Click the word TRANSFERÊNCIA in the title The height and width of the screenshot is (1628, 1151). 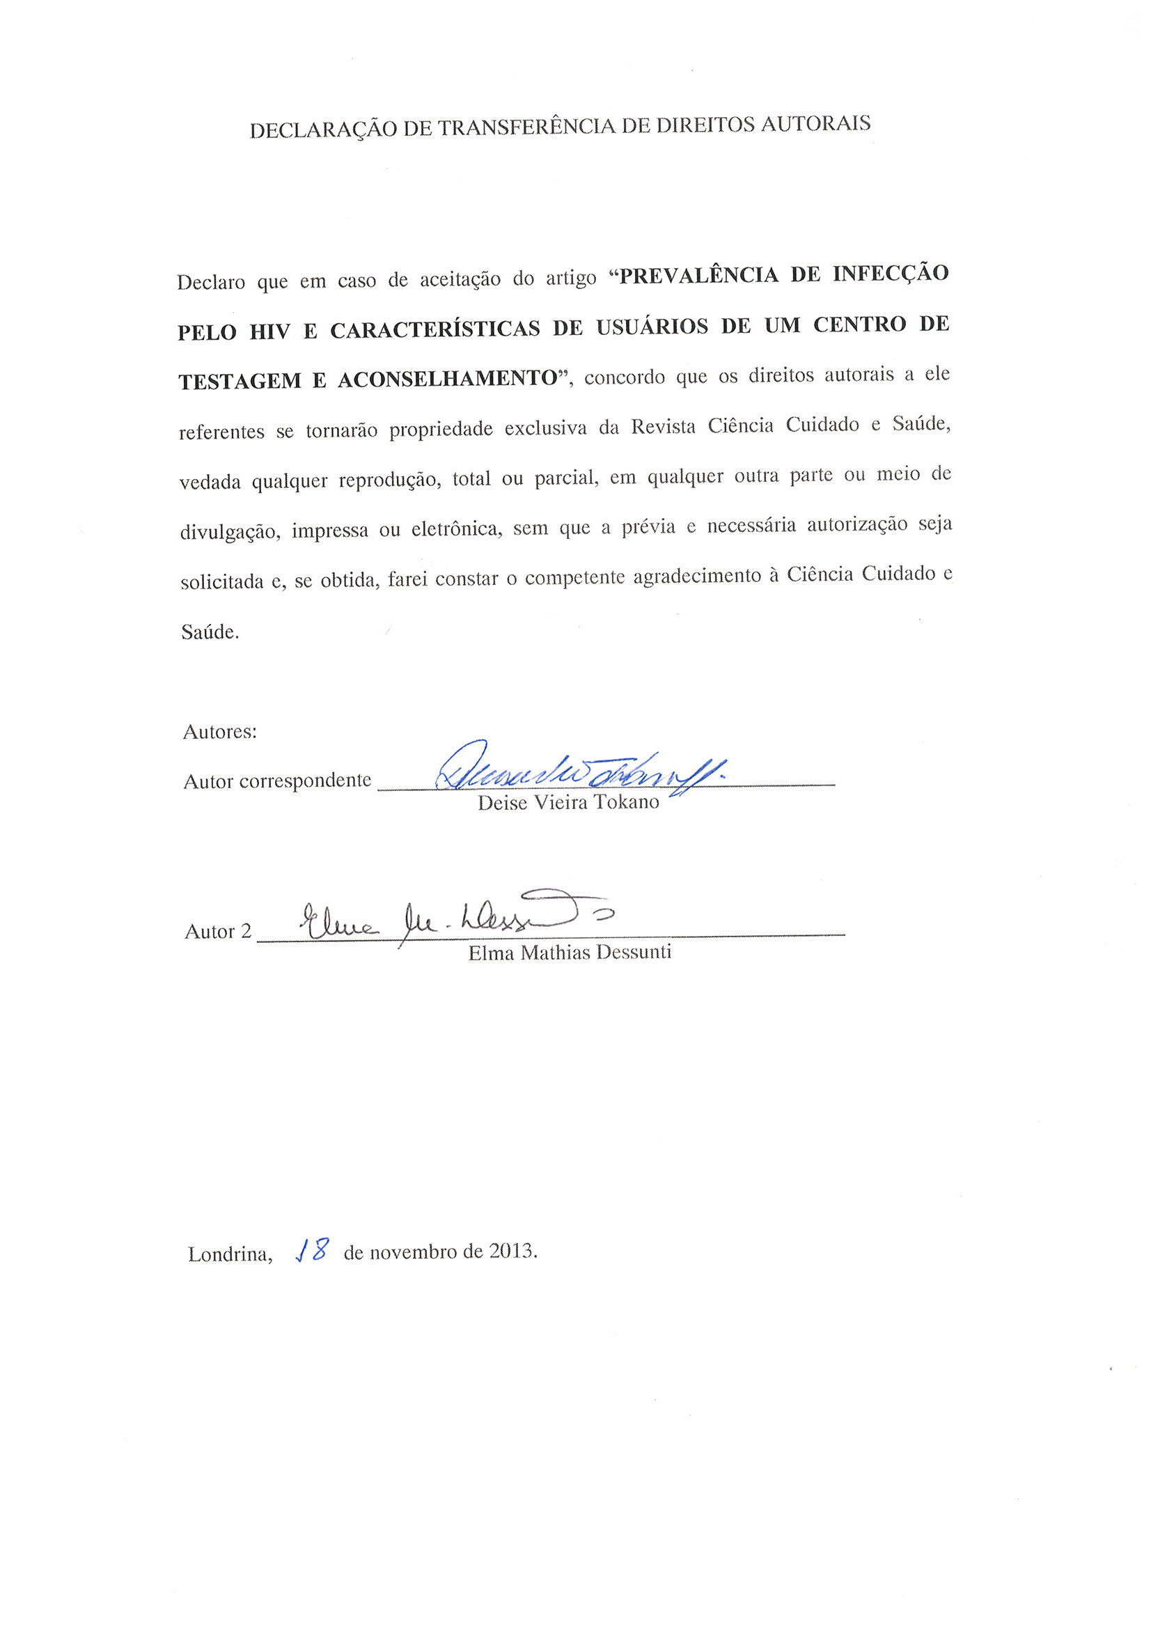[x=526, y=127]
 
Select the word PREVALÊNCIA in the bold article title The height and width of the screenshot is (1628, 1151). [x=698, y=275]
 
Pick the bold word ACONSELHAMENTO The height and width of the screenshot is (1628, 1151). [x=448, y=379]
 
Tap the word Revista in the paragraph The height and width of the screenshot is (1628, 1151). [x=663, y=427]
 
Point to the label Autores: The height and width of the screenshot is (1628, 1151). [x=220, y=732]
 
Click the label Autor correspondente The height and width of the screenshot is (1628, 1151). [x=277, y=781]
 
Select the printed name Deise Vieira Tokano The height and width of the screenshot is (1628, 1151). [x=568, y=802]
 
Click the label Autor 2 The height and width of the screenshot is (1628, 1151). [x=218, y=931]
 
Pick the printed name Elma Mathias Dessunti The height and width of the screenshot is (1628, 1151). [x=570, y=953]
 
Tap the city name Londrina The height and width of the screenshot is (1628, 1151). [x=229, y=1254]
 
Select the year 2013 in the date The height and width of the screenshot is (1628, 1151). [x=512, y=1251]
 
